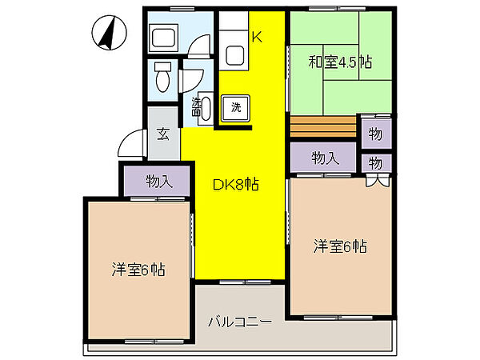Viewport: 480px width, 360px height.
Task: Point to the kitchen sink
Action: coord(237,55)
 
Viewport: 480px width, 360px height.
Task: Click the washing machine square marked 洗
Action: coord(236,106)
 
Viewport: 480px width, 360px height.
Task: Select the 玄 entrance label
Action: coord(162,134)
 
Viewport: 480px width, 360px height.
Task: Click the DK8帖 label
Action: coord(234,184)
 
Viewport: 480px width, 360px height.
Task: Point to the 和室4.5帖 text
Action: coord(340,61)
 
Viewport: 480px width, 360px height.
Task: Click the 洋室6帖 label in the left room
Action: coord(138,270)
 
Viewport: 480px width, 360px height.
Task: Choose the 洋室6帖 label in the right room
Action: coord(340,246)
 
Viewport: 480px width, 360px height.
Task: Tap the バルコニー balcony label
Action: coord(240,322)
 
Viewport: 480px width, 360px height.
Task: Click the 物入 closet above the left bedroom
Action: coord(158,181)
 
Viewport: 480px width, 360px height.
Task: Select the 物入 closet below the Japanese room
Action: coord(324,158)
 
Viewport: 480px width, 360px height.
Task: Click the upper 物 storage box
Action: coord(375,133)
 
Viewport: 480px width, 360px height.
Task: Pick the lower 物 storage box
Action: coord(375,162)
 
